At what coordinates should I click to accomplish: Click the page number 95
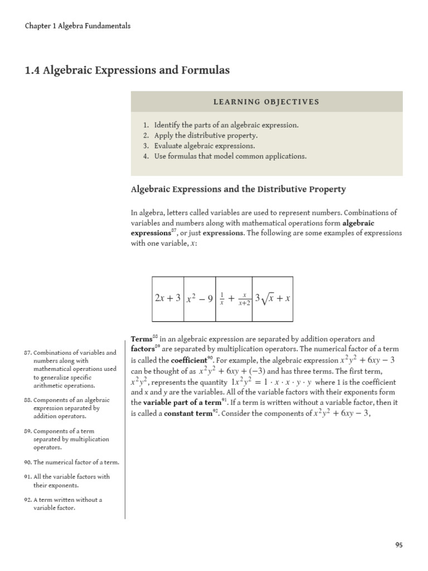click(x=399, y=545)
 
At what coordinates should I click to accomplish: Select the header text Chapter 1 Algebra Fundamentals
click(x=78, y=26)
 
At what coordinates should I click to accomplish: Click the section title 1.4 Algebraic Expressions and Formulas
click(x=127, y=71)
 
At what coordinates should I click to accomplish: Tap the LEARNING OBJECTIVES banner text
click(x=266, y=102)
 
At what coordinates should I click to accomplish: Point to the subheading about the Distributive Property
click(x=238, y=189)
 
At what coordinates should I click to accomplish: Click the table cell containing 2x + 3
click(x=168, y=298)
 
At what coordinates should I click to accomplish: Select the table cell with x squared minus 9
click(x=200, y=298)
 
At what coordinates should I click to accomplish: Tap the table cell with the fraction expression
click(x=234, y=298)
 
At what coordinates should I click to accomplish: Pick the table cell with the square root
click(x=273, y=298)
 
